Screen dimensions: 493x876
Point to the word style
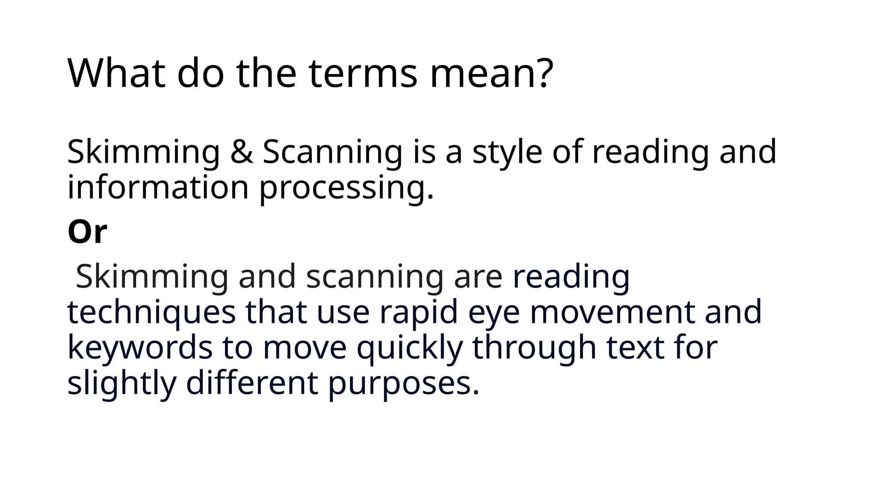507,153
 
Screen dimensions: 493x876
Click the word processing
346,189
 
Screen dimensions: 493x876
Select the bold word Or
87,232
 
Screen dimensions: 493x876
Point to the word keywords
140,347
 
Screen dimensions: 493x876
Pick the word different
252,383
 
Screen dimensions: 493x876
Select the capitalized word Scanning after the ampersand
332,153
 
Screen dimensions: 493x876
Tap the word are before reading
478,277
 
